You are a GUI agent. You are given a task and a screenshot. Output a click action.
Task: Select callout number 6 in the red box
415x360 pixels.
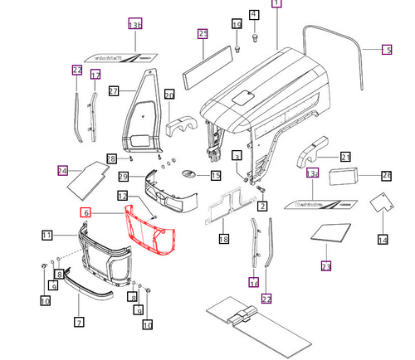[x=85, y=213]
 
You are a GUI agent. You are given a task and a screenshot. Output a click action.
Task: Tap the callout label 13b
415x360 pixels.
[x=135, y=26]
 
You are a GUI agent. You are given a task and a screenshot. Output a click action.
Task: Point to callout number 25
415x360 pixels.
[x=203, y=34]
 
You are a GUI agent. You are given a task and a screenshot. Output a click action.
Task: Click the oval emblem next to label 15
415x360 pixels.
[x=190, y=175]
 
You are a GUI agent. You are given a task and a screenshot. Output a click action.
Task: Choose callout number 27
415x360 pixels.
[x=115, y=90]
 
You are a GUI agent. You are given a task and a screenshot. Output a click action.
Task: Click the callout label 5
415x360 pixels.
[x=386, y=50]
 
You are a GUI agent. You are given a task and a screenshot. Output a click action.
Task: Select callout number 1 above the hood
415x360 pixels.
[x=276, y=4]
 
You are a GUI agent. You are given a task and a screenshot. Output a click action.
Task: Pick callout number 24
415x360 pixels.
[x=62, y=171]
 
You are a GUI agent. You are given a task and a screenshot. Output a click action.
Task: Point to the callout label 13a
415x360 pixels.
[x=312, y=174]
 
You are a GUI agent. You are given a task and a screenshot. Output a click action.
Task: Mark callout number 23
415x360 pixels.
[x=325, y=266]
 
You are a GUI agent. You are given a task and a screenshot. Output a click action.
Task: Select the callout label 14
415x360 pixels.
[x=382, y=240]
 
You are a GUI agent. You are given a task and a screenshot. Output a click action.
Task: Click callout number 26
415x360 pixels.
[x=385, y=175]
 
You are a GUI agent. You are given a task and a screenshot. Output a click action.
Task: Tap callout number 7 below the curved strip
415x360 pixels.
[x=79, y=321]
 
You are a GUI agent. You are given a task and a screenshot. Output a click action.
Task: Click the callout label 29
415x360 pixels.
[x=122, y=177]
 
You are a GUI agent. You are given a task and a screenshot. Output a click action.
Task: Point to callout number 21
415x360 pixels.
[x=345, y=156]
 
